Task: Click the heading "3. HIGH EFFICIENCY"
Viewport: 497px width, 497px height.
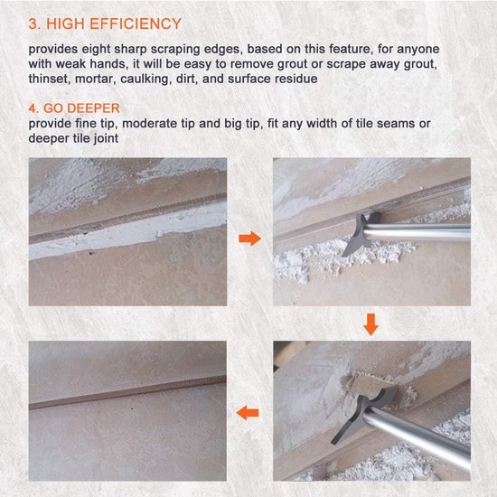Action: (105, 24)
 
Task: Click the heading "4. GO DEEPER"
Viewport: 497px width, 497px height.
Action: (74, 108)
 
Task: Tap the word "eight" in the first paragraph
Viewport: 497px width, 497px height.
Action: (96, 50)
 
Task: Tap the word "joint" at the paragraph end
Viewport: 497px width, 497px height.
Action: (107, 138)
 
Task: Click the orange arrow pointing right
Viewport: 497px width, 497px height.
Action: (249, 238)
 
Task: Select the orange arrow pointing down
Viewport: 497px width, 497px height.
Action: (370, 324)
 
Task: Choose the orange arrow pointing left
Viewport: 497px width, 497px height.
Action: (248, 412)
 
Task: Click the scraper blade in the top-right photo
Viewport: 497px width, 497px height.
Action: (361, 235)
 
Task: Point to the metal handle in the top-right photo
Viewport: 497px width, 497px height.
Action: (417, 232)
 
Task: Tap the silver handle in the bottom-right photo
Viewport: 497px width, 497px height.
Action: (418, 437)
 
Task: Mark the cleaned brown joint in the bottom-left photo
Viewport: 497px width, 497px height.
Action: (127, 393)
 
